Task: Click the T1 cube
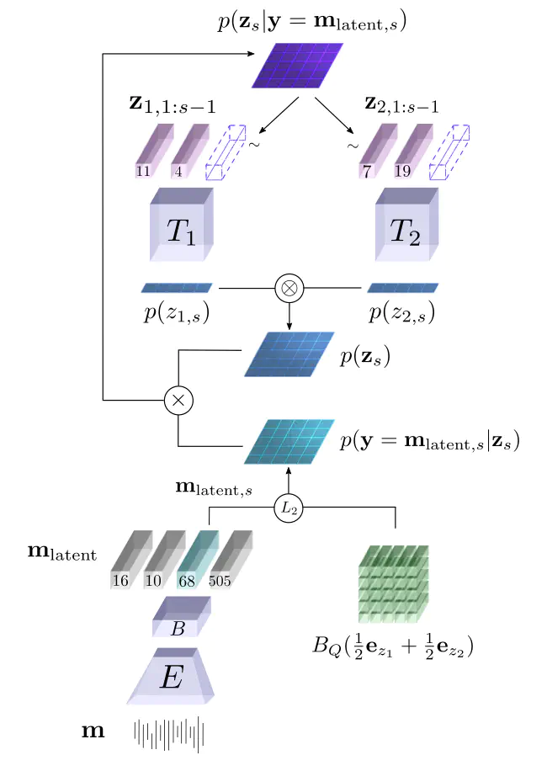pos(183,224)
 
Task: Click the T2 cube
pos(406,223)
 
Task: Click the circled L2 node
pos(289,508)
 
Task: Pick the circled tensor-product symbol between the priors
pos(289,289)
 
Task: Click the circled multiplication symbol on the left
pos(178,401)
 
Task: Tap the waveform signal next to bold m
pos(170,732)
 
